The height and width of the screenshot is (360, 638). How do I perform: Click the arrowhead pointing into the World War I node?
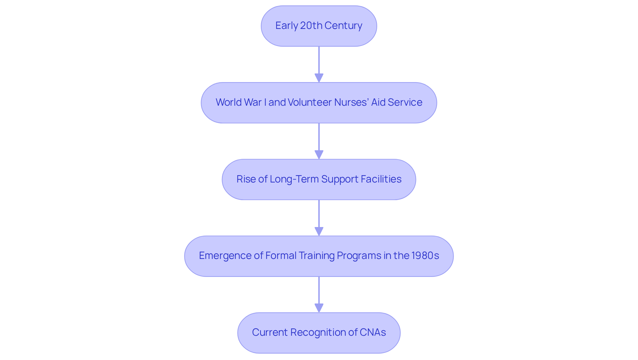tap(319, 78)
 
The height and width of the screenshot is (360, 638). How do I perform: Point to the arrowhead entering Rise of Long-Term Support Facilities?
tap(319, 155)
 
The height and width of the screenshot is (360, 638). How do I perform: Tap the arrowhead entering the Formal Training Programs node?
tap(319, 231)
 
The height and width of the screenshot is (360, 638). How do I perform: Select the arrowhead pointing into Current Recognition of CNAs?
tap(319, 308)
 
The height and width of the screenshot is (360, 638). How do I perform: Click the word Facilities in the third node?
tap(381, 179)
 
